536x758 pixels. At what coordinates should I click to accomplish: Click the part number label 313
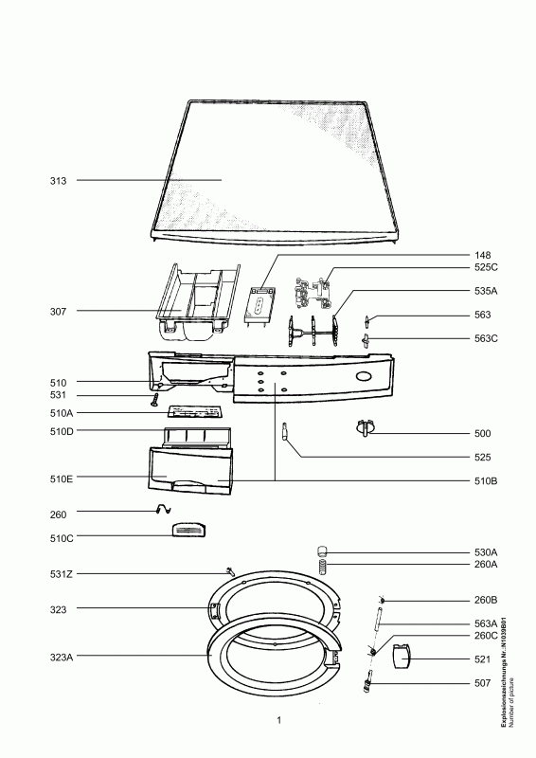tap(59, 180)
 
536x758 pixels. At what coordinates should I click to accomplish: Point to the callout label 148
tap(483, 256)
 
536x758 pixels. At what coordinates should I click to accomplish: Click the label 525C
tap(487, 268)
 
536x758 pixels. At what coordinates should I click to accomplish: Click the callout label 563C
tap(487, 338)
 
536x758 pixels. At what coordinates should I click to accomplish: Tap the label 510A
tap(63, 413)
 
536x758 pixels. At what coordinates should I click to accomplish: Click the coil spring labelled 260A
tap(321, 567)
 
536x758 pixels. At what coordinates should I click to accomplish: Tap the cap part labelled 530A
tap(321, 550)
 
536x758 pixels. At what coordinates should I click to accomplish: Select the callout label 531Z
tap(62, 574)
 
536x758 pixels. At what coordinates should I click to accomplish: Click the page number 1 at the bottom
tap(279, 723)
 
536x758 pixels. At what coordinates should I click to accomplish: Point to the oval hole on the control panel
tap(363, 378)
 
